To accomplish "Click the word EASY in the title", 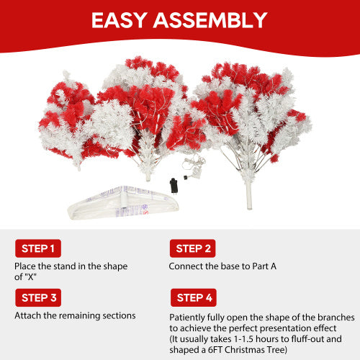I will coord(122,20).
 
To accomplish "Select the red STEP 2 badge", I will coord(192,249).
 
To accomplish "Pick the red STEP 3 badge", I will coord(37,297).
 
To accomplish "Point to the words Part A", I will coord(261,266).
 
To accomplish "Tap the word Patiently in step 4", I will coord(189,317).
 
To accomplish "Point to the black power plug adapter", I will coord(174,183).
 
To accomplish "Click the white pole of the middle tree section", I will coord(148,171).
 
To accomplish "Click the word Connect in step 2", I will coord(186,266).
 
